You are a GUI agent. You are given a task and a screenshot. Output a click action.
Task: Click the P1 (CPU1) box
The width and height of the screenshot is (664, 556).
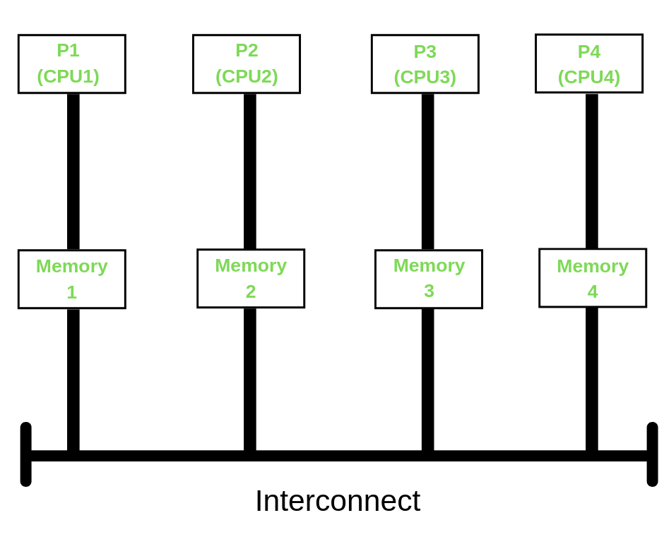72,64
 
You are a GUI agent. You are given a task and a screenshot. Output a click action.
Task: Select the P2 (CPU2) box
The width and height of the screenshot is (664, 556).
247,64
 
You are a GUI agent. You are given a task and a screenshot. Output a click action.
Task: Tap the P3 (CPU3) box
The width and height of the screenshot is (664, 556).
425,64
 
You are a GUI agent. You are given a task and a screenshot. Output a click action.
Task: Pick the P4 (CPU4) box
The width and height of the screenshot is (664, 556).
589,64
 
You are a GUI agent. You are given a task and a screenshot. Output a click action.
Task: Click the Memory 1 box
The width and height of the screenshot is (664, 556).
72,279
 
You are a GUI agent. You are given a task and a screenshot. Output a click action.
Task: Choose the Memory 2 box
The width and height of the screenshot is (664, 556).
251,278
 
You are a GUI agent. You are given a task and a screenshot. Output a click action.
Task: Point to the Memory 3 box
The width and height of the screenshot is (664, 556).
429,279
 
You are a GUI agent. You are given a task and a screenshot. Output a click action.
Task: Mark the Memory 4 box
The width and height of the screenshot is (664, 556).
593,277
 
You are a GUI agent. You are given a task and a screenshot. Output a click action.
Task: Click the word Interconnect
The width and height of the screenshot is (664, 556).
338,501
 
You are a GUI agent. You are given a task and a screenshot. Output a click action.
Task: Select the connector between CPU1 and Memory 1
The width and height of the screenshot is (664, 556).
73,171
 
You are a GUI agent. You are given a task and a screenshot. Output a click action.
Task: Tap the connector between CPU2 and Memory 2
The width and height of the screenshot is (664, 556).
250,171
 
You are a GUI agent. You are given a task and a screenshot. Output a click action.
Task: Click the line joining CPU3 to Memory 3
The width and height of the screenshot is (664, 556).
428,171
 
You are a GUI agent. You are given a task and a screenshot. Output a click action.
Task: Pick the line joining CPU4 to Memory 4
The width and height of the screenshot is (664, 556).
592,171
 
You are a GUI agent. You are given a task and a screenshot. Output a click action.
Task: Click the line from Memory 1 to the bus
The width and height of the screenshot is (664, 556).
73,379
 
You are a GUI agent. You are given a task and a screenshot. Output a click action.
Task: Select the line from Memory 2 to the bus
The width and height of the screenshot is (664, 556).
250,379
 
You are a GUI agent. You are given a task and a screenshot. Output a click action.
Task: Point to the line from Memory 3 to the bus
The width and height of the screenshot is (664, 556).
428,379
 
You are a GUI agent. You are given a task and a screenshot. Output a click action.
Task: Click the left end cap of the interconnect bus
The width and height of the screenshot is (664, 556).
26,454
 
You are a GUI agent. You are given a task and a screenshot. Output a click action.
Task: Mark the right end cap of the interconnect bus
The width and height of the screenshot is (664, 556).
652,454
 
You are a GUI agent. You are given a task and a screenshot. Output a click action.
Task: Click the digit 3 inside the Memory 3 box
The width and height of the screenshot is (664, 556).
429,291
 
